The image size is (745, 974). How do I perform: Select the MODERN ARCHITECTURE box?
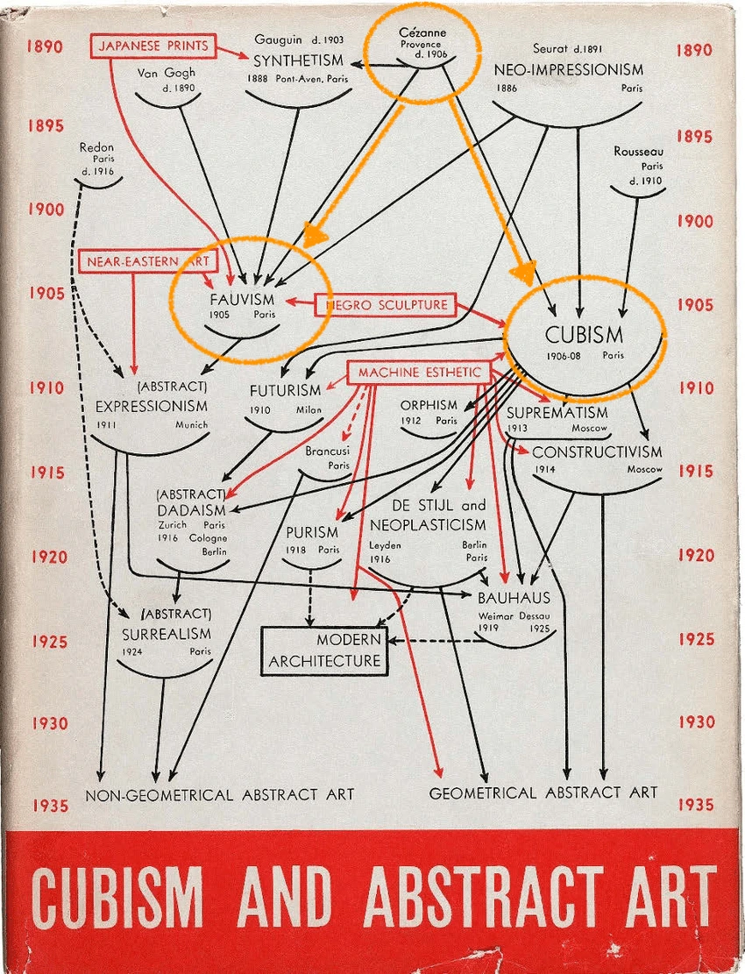pos(324,651)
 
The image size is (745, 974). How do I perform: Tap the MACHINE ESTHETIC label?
pos(418,373)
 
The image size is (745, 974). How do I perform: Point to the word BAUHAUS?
pos(514,598)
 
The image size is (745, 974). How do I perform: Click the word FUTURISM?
pos(285,390)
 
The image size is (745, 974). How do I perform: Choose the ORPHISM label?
pos(429,405)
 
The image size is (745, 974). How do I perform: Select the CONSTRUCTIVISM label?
pos(597,452)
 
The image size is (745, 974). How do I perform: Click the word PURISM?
pos(312,532)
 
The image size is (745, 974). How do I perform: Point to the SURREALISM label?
pos(167,633)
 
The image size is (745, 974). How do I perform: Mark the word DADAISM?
pos(192,510)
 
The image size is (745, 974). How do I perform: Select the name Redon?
pos(96,147)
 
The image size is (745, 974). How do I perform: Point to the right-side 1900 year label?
pos(694,222)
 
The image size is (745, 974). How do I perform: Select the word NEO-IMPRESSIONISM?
pos(568,69)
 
